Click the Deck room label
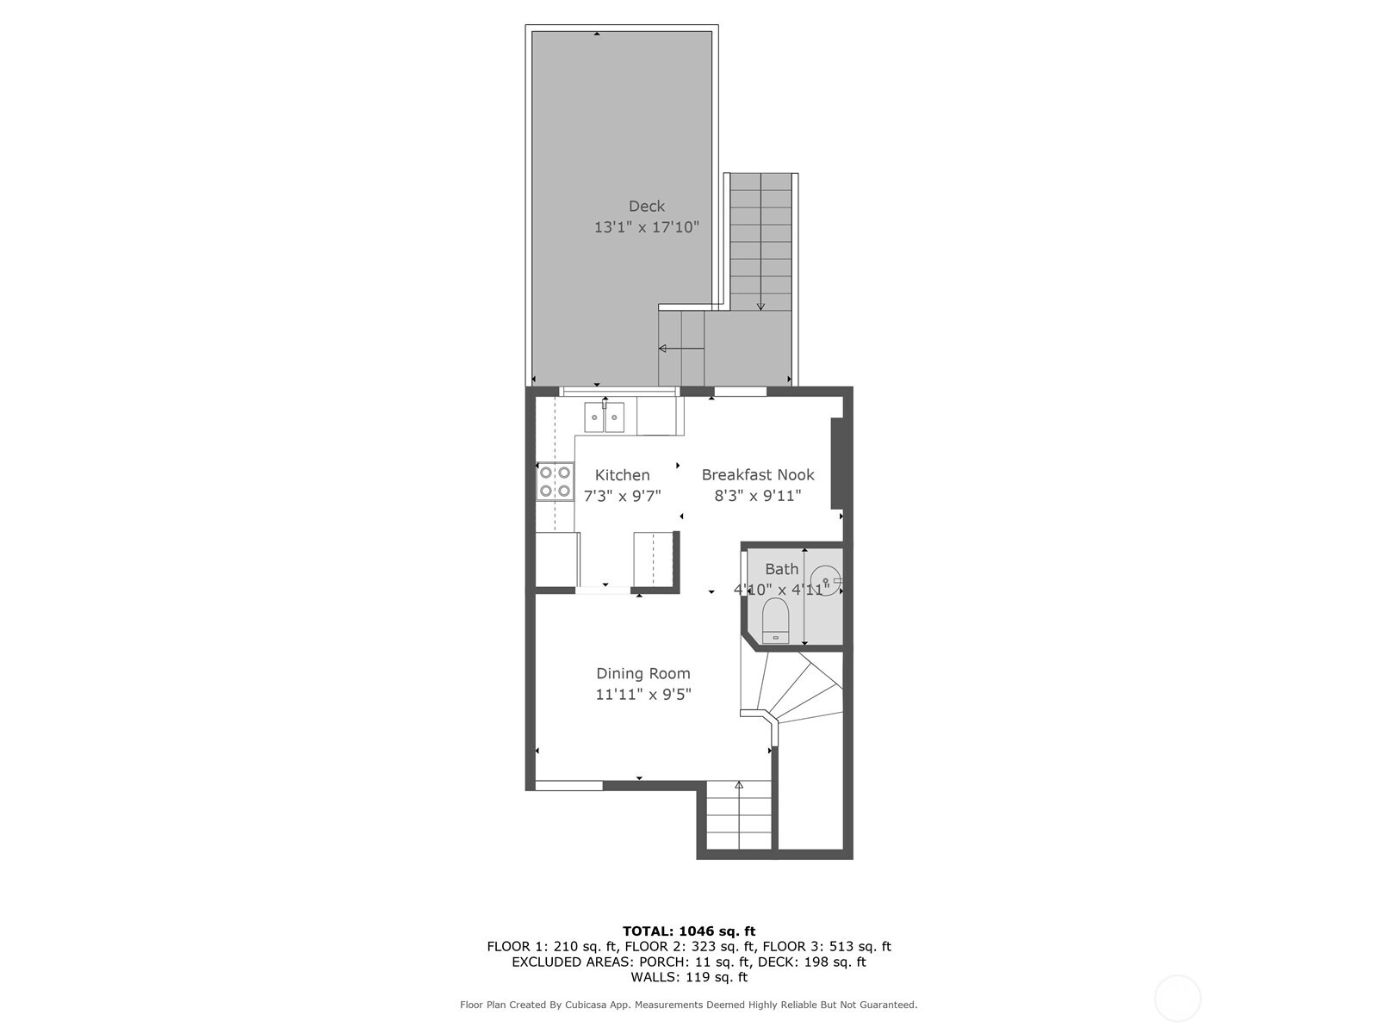coord(647,207)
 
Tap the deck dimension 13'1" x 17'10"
coord(647,227)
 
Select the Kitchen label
coord(622,475)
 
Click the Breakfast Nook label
coord(758,475)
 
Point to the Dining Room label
coord(642,674)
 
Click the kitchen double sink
coord(604,418)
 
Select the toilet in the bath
coord(775,621)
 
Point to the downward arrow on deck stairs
coord(760,242)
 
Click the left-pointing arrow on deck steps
coord(680,348)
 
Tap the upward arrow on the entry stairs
coord(739,814)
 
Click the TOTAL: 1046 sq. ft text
coord(689,931)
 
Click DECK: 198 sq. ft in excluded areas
coord(812,962)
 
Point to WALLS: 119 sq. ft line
coord(689,976)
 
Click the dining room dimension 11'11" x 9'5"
coord(642,695)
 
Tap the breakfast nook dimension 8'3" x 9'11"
coord(758,496)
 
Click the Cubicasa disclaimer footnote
coord(689,1005)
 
